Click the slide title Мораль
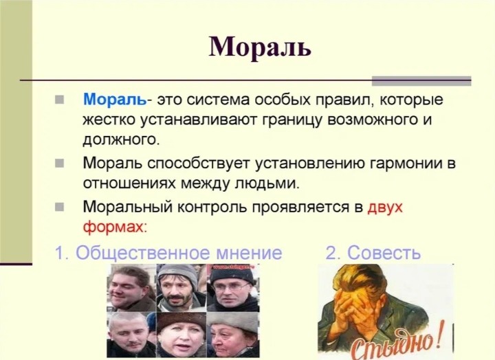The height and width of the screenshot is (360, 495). [260, 47]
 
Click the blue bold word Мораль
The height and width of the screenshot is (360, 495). [115, 100]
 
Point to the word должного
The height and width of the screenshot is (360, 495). [121, 140]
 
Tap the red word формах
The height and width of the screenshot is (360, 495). [115, 227]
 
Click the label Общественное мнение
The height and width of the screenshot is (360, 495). [178, 253]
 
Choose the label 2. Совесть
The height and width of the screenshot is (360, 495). [373, 253]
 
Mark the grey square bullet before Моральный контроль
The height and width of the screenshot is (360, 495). [59, 207]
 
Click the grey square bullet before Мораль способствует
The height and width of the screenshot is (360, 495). [59, 164]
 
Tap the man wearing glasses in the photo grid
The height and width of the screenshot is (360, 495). [232, 288]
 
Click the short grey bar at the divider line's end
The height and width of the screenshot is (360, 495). [421, 81]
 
